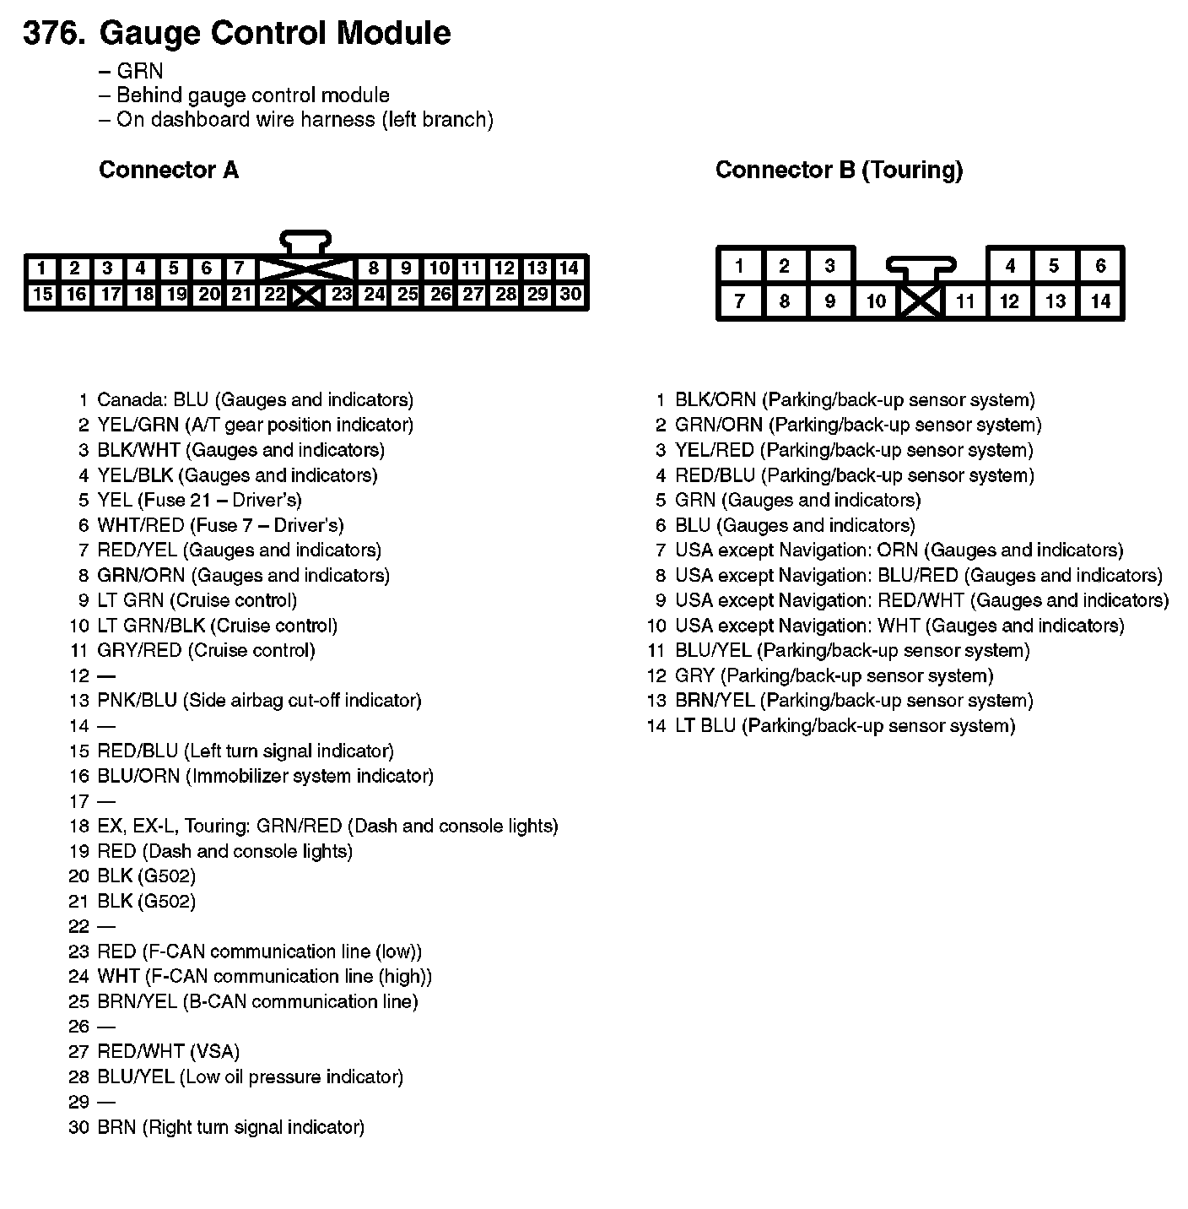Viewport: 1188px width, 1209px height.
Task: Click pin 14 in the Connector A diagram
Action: pos(570,268)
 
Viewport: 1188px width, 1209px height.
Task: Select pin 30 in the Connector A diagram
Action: pos(570,295)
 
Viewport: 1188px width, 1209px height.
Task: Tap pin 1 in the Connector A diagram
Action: pos(41,268)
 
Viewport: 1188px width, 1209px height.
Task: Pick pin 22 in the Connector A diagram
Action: pos(274,295)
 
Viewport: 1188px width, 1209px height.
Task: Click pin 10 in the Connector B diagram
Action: pos(876,301)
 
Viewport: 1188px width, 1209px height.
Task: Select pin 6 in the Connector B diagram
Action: pos(1100,266)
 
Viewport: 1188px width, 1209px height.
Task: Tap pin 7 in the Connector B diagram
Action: pos(739,301)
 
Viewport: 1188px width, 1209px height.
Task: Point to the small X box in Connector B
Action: pos(921,302)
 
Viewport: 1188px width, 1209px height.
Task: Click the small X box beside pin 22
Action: pos(306,295)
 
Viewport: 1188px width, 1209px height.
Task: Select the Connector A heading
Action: pos(169,170)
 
